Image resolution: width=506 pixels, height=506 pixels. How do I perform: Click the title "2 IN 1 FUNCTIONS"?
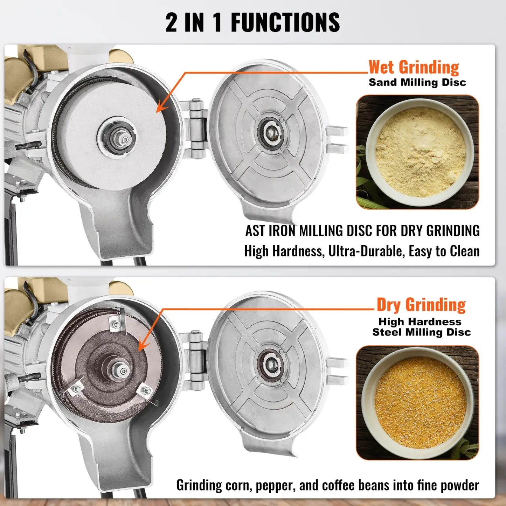click(x=252, y=22)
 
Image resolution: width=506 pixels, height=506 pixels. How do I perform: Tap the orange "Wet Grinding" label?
click(x=414, y=67)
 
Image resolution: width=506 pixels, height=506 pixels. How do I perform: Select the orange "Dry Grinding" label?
click(x=421, y=305)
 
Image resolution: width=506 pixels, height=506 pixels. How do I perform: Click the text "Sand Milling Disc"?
click(x=417, y=83)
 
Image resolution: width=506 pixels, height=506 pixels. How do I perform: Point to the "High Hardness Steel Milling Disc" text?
click(x=421, y=327)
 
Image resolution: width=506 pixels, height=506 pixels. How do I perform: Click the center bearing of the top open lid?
click(x=270, y=133)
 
